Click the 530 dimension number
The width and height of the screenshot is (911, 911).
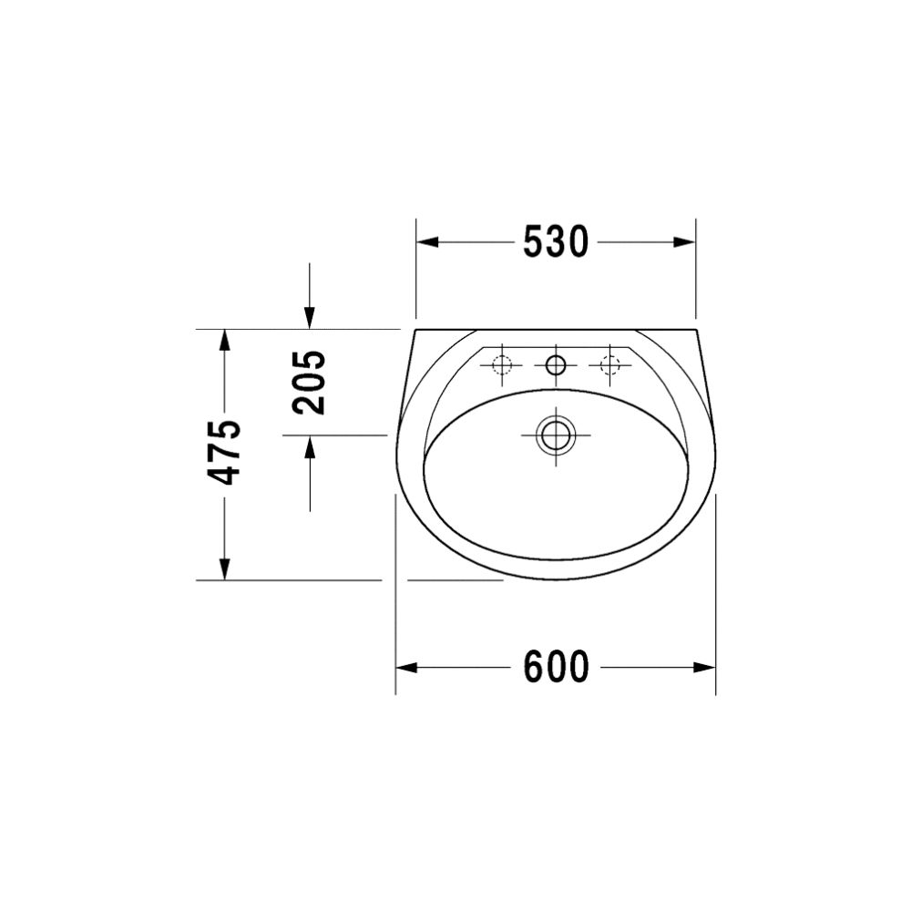pyautogui.click(x=556, y=242)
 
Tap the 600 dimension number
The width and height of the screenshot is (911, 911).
pyautogui.click(x=557, y=667)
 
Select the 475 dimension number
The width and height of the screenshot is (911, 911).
pyautogui.click(x=224, y=452)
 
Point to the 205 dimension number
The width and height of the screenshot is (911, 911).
pyautogui.click(x=309, y=382)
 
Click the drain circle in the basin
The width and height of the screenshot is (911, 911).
pyautogui.click(x=556, y=435)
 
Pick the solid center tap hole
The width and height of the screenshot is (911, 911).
pyautogui.click(x=556, y=365)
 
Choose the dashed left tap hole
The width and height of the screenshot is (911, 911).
pyautogui.click(x=501, y=365)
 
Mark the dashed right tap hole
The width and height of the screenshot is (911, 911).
pyautogui.click(x=610, y=365)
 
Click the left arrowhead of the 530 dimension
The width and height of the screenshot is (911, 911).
pyautogui.click(x=427, y=242)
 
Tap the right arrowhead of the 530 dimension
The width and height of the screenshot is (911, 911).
pyautogui.click(x=684, y=242)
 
